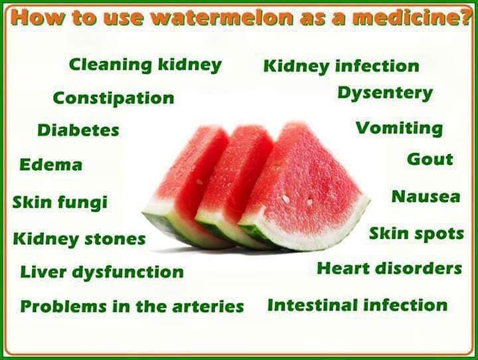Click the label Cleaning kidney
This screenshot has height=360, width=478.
point(145,65)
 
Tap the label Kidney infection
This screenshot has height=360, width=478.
point(341,66)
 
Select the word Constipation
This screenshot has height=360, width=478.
point(114,98)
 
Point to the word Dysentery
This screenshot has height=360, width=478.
point(384,94)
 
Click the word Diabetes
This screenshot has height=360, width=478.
point(78,130)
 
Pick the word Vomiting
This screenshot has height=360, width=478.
point(399,128)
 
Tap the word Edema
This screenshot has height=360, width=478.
point(51,165)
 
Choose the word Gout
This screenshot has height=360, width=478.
point(430,159)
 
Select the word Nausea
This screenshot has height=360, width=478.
point(426,197)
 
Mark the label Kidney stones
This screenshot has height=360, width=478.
point(79,238)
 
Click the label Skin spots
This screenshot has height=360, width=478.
point(416,234)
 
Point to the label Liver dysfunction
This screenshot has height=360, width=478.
point(102,272)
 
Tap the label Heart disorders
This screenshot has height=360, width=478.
point(389,268)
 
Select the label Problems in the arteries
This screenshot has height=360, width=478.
point(132,307)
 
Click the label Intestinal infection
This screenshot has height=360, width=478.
point(357,306)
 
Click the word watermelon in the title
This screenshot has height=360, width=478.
point(216,18)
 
